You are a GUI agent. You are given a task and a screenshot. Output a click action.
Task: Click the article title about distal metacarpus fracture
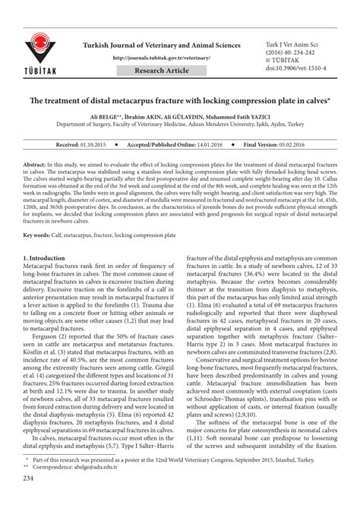click(x=179, y=100)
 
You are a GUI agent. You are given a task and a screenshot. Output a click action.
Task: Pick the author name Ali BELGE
click(x=101, y=116)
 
